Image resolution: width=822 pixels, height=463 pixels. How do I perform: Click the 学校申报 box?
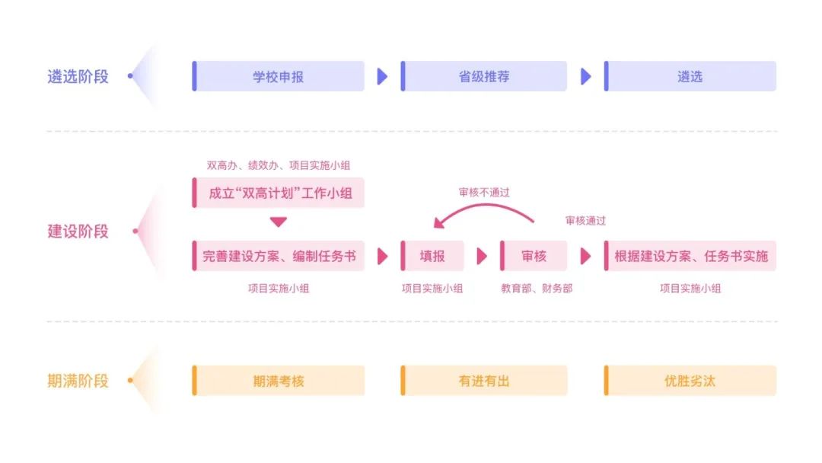click(278, 76)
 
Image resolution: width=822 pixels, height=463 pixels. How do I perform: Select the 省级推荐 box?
click(484, 76)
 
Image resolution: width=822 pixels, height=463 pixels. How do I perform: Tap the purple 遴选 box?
click(690, 76)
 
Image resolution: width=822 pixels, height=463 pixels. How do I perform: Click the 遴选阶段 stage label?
click(78, 76)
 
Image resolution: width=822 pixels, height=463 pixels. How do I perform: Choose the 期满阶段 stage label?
click(78, 381)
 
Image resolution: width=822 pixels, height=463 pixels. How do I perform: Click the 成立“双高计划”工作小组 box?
click(279, 193)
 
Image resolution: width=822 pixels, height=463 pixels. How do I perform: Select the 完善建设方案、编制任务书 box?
click(279, 256)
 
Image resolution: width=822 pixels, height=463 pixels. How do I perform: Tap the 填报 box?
click(432, 256)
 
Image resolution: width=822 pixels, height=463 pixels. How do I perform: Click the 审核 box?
click(534, 256)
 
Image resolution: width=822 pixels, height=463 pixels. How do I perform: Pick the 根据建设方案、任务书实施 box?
click(690, 256)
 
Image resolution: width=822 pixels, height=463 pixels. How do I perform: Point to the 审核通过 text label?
click(585, 221)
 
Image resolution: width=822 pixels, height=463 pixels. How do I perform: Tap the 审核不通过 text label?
click(484, 193)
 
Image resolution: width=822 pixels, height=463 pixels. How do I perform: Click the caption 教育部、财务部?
click(537, 289)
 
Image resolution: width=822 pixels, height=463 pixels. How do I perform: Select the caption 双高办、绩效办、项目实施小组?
click(279, 165)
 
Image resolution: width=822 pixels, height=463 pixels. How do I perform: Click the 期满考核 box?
click(278, 381)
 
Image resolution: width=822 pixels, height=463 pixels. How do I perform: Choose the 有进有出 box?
click(484, 381)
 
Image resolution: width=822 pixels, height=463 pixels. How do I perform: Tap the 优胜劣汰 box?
click(690, 381)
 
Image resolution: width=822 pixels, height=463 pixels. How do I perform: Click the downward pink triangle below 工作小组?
click(279, 222)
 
